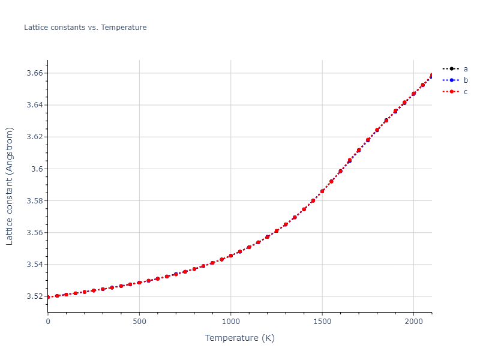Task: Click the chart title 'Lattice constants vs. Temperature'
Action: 85,28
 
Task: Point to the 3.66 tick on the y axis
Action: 34,73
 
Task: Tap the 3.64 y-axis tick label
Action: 34,105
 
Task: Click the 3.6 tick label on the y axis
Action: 37,169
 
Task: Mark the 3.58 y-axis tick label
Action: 34,200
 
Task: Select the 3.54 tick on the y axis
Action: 34,265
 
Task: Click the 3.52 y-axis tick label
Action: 34,296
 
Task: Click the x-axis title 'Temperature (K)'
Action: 240,338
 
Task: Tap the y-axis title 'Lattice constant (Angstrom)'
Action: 10,186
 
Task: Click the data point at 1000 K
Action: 231,256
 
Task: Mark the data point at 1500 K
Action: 322,191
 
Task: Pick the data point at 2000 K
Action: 413,94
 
